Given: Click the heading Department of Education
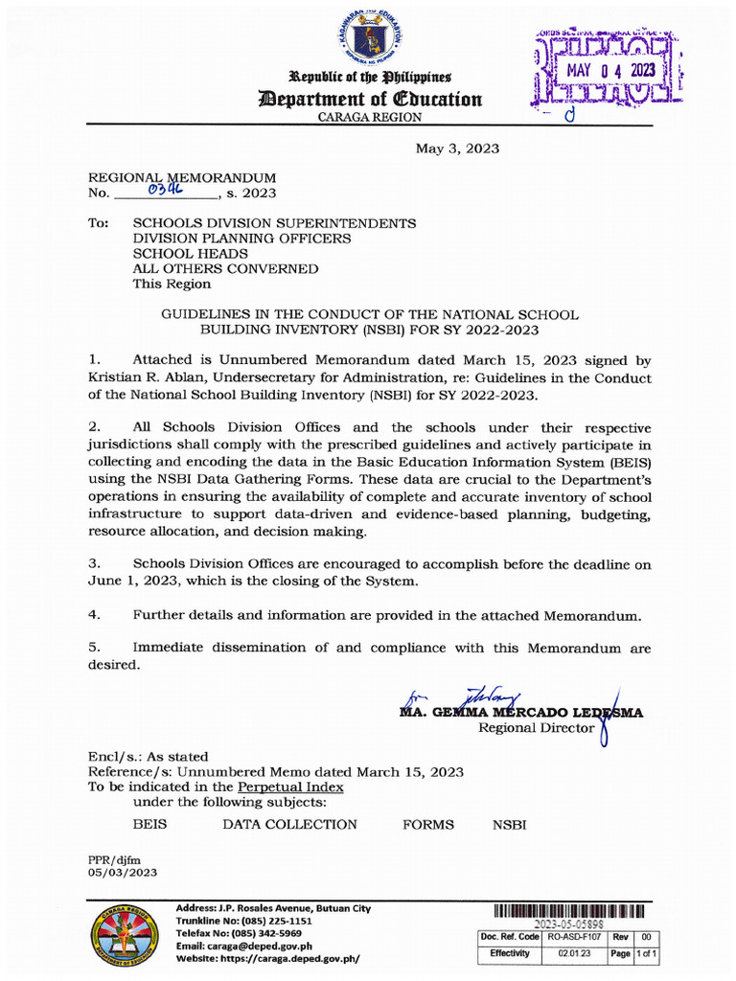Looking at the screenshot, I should coord(368,100).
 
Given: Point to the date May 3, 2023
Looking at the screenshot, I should coord(456,148).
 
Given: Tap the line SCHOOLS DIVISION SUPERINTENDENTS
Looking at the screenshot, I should coord(274,223).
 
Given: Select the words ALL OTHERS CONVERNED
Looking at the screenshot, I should coord(225,269).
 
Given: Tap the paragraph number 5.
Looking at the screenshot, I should coord(94,649).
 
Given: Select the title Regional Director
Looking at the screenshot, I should coord(537,729).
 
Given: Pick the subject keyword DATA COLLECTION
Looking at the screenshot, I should coord(289,825).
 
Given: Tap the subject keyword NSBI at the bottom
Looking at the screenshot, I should coord(509,825).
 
